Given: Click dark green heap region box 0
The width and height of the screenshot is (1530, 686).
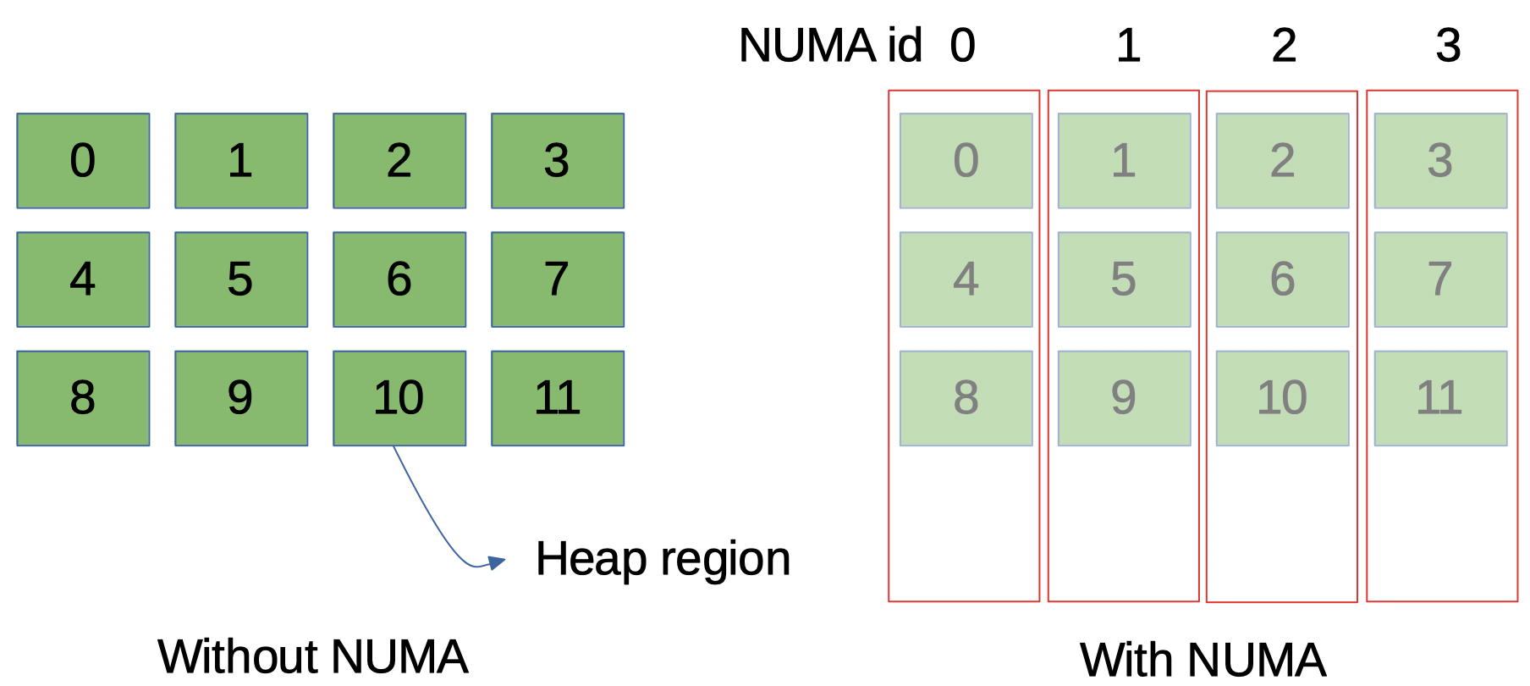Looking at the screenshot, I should tap(83, 161).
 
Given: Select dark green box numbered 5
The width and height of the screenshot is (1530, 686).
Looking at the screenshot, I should tap(241, 279).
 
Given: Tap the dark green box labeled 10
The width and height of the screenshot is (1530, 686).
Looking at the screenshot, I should tap(399, 398).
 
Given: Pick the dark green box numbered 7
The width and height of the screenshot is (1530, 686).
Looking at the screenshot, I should tap(558, 279).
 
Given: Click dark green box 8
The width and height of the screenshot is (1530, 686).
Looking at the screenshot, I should tap(83, 398).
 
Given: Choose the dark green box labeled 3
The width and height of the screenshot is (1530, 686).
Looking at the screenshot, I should tap(558, 161).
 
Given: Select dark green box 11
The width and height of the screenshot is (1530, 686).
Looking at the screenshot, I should tap(558, 398).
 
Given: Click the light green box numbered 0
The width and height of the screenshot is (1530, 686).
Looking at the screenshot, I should tap(966, 161).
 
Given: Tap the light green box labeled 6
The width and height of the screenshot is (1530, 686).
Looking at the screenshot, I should tap(1282, 279).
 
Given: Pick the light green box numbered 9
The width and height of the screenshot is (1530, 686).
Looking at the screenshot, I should tap(1124, 398).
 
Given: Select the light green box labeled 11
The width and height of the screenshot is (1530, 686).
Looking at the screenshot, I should tap(1440, 398).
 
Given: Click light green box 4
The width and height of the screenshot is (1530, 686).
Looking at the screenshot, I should tap(966, 279).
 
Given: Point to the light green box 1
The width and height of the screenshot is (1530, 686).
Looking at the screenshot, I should tap(1124, 161).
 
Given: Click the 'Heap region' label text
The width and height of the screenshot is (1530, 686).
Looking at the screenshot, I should tap(663, 560).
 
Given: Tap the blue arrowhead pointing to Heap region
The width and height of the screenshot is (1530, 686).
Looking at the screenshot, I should tap(497, 562).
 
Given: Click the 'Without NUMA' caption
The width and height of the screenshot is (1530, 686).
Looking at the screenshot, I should tap(312, 657).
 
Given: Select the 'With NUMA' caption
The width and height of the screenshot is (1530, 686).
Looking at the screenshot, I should tap(1203, 661).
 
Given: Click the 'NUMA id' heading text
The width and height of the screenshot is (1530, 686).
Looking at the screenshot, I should tap(829, 46).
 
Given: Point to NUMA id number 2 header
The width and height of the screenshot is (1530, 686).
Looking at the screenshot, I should tap(1284, 46).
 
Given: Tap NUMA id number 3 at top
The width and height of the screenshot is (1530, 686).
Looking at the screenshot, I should tap(1448, 46).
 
